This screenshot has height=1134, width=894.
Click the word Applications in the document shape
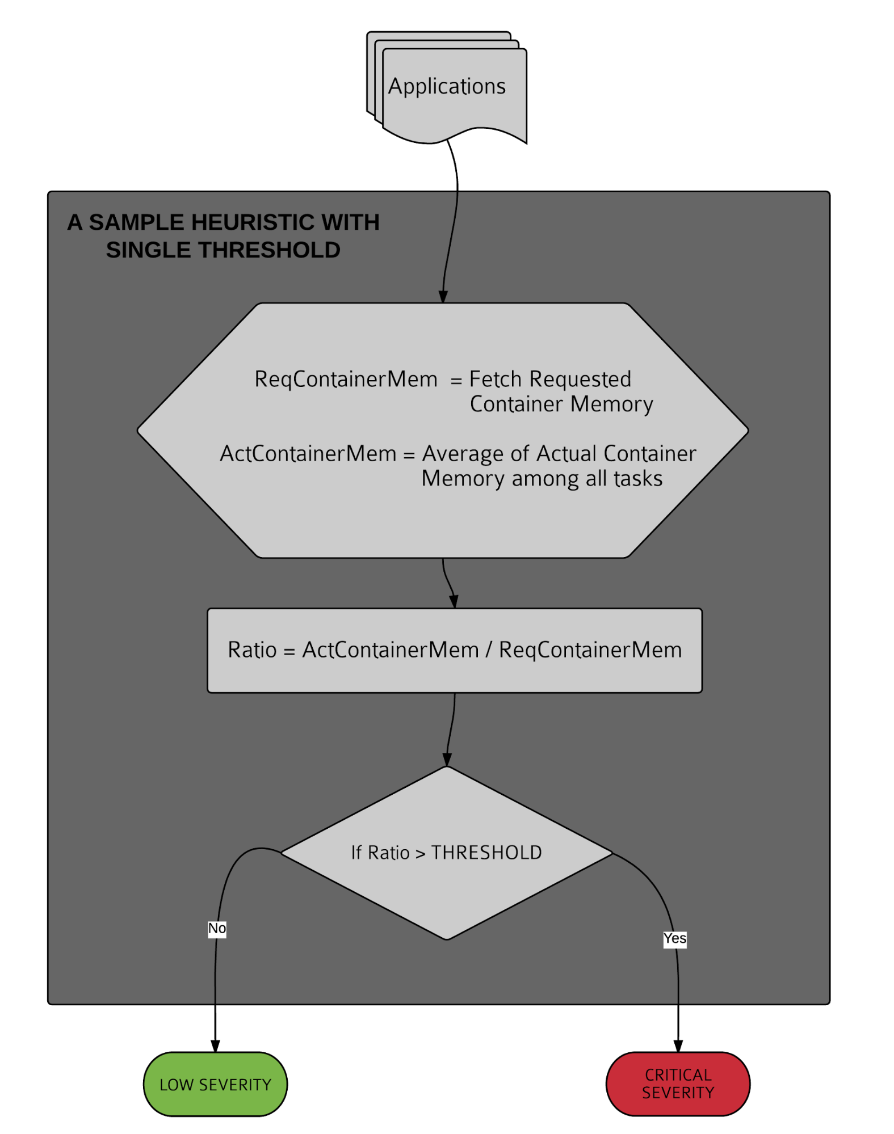(x=447, y=87)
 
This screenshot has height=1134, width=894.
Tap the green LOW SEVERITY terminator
(x=215, y=1084)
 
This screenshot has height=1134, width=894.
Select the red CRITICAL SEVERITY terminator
(x=678, y=1084)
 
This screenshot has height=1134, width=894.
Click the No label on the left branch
(x=217, y=929)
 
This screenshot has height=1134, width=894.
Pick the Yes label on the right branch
(x=675, y=939)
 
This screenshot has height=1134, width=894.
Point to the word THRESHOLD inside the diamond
(x=486, y=853)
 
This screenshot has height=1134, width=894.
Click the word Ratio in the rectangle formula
(x=252, y=650)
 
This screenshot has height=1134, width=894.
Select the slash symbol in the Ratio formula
(x=489, y=650)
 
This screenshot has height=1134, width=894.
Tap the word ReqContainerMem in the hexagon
(x=346, y=380)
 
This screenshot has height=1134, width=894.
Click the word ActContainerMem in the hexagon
(x=308, y=454)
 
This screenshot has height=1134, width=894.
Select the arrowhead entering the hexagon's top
(x=443, y=297)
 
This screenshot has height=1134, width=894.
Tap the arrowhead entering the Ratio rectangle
(x=454, y=602)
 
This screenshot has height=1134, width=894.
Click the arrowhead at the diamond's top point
(x=447, y=760)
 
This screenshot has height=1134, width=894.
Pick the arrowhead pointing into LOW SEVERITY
(x=215, y=1046)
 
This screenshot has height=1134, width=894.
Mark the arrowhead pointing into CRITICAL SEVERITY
(x=678, y=1046)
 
